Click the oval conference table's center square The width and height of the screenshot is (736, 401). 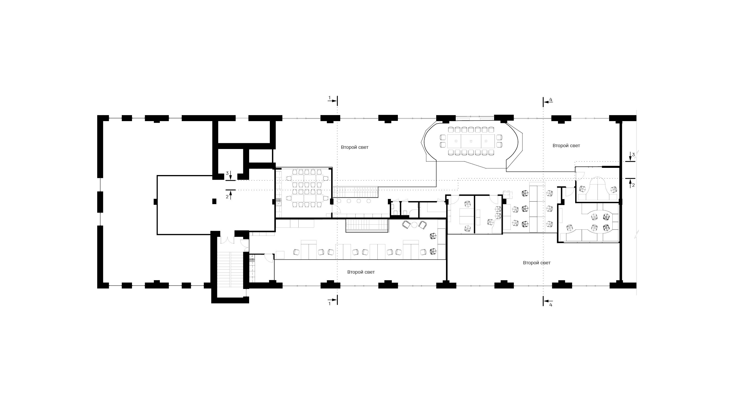pyautogui.click(x=471, y=141)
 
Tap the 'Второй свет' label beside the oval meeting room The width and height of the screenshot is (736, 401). pyautogui.click(x=566, y=146)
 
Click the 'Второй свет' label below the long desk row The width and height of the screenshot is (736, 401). pyautogui.click(x=361, y=272)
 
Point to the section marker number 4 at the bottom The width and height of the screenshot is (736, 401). pyautogui.click(x=551, y=305)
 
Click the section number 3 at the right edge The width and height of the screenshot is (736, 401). pyautogui.click(x=633, y=155)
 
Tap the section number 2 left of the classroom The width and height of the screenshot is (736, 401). pyautogui.click(x=227, y=197)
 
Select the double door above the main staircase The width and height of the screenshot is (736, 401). pyautogui.click(x=227, y=240)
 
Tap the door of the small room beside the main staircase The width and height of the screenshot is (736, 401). pyautogui.click(x=269, y=258)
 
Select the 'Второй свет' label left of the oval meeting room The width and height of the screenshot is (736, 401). pyautogui.click(x=355, y=147)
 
